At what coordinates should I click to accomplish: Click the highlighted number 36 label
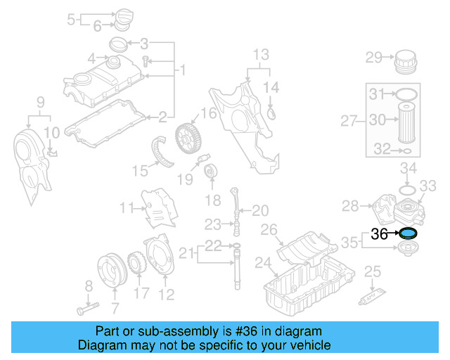click(379, 234)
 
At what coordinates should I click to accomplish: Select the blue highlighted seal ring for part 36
click(408, 234)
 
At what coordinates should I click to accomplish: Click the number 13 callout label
click(261, 53)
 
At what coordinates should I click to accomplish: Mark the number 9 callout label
click(40, 102)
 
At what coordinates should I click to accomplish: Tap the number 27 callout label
click(349, 122)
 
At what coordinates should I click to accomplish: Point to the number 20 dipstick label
click(260, 210)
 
